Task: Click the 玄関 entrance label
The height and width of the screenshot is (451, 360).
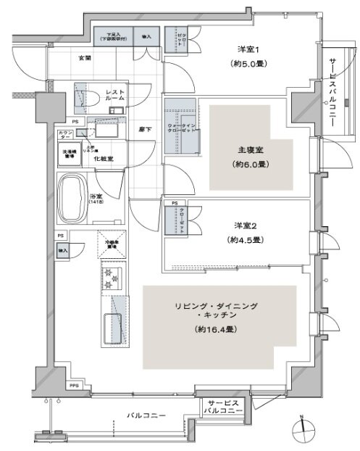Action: click(84, 57)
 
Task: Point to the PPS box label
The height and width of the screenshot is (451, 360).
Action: click(75, 386)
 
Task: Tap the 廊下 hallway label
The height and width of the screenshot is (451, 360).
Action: click(145, 128)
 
